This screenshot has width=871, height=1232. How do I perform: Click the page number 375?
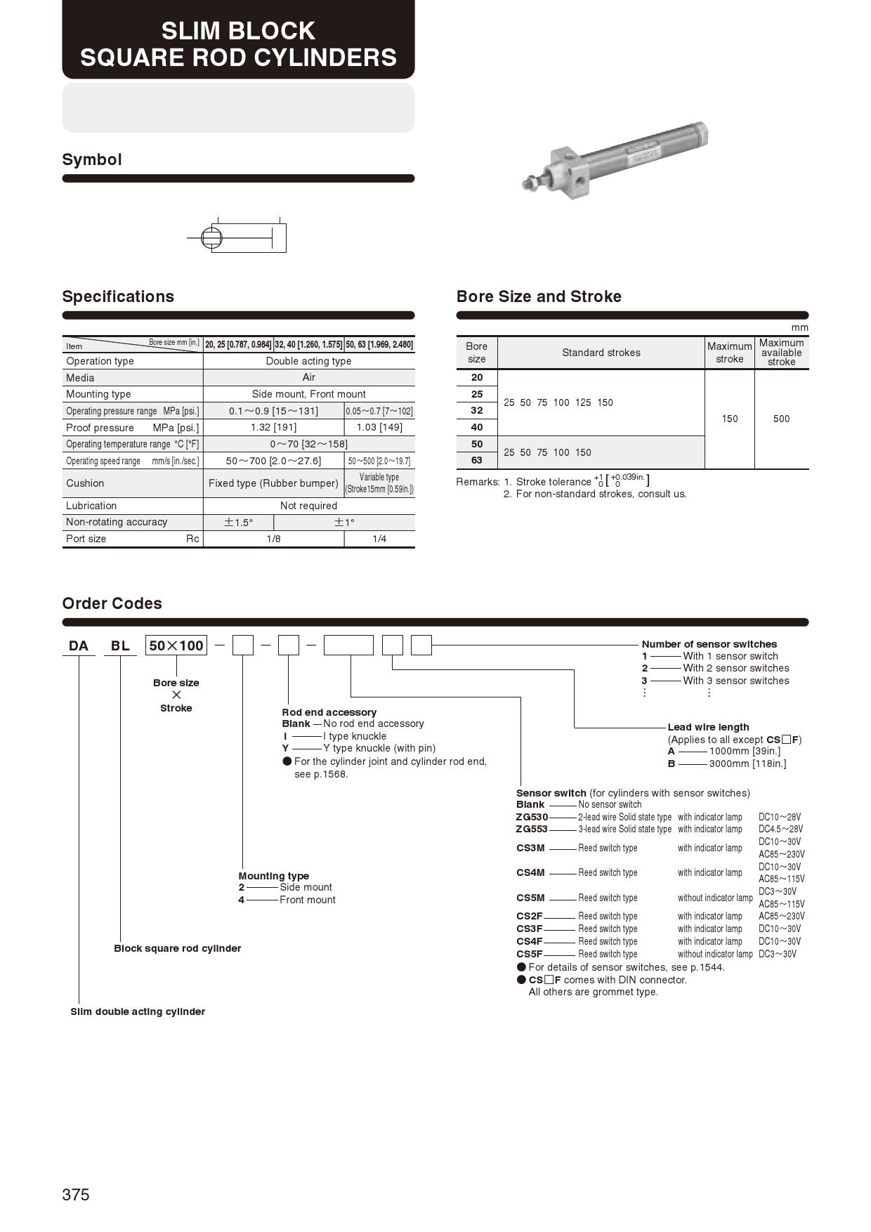[76, 1195]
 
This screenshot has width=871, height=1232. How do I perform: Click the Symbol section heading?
[92, 159]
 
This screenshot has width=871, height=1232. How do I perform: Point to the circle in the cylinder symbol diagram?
[211, 238]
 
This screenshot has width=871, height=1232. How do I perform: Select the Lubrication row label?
[91, 506]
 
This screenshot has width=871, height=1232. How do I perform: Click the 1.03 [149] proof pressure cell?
[379, 427]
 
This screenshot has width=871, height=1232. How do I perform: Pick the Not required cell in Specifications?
[308, 506]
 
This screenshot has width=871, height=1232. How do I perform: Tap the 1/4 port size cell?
[379, 539]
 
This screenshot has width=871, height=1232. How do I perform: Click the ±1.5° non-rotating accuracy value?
[238, 523]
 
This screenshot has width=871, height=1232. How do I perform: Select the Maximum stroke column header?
[729, 353]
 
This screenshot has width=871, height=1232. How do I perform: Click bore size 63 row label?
[477, 460]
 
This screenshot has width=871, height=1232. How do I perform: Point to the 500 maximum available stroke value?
[781, 419]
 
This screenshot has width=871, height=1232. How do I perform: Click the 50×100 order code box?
[176, 646]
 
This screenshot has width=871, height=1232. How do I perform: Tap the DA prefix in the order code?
[79, 646]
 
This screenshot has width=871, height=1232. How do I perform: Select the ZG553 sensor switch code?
[532, 830]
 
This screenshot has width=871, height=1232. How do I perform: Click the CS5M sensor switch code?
[530, 898]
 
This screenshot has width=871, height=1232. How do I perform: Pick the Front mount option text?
[308, 900]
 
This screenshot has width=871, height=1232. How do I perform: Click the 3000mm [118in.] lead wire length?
[747, 764]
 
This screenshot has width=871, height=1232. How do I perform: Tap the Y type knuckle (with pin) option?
[379, 748]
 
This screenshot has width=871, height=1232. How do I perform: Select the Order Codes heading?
[112, 603]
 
